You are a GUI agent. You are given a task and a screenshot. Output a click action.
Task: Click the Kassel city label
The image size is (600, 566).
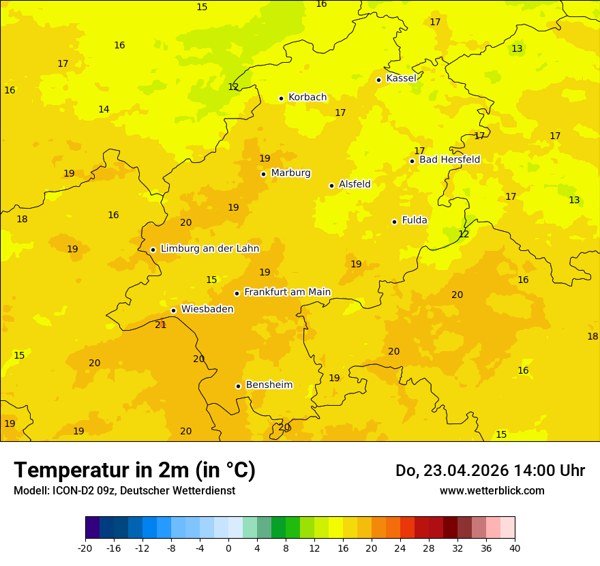[x=401, y=78]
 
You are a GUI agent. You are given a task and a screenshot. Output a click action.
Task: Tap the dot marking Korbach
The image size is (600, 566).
[x=281, y=98]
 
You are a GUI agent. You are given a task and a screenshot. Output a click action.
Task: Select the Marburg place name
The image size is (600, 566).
[x=290, y=173]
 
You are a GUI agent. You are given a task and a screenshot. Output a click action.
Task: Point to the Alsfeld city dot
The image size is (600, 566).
[x=331, y=185]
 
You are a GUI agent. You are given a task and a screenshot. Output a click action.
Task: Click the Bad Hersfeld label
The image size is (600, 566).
[x=449, y=160]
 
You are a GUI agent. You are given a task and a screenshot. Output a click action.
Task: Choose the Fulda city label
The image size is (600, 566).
[x=414, y=220]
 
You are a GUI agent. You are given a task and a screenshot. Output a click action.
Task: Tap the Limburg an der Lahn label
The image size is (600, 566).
[x=210, y=249]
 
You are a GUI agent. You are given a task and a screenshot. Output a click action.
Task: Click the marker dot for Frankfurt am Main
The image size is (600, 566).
[x=237, y=293]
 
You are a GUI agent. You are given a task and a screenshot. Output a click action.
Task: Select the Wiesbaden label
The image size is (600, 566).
[x=207, y=309]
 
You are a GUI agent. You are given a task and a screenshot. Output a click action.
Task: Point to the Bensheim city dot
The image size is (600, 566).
[x=238, y=386]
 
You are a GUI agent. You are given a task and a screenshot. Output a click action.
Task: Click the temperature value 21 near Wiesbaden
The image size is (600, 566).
[x=161, y=325]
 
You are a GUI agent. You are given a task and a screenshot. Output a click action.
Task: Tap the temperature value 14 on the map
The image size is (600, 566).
[x=104, y=109]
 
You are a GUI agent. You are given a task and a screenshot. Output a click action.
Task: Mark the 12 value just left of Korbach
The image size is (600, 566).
[x=233, y=87]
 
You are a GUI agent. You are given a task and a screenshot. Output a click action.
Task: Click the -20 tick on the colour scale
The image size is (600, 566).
[x=85, y=548]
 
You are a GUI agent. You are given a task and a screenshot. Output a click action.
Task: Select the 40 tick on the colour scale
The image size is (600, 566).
[x=515, y=548]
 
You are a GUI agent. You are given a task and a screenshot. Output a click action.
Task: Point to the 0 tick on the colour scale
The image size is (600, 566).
[x=228, y=548]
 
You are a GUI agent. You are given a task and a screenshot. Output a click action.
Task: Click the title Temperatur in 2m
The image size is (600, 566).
[x=134, y=470]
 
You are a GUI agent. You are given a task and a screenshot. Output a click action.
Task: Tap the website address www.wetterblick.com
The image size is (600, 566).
[x=492, y=490]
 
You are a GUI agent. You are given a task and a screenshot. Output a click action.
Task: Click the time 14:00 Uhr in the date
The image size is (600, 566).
[x=548, y=471]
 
